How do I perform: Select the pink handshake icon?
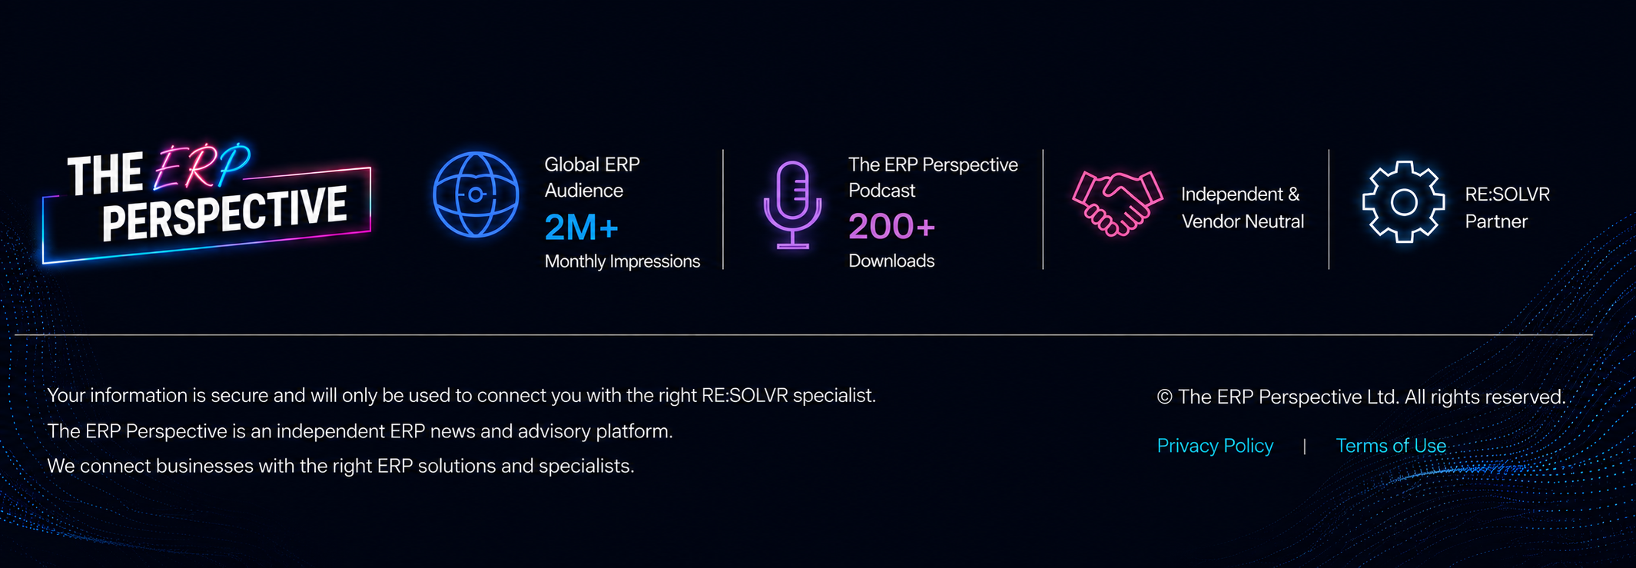pos(1117,203)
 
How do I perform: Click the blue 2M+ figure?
pos(582,228)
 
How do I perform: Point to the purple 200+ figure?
pos(891,227)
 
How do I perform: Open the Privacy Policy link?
pos(1215,446)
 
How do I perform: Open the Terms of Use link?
pos(1391,446)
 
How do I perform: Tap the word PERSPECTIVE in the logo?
pos(224,213)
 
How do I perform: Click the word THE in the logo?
pos(105,174)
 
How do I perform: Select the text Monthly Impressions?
pos(622,261)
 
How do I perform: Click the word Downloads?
pos(891,261)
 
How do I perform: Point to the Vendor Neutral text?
pos(1243,221)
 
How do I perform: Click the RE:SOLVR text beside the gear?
pos(1507,194)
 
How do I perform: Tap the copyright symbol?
pos(1164,397)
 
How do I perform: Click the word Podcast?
pos(881,191)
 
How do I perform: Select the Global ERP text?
pos(592,164)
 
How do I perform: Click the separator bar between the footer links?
pos(1304,447)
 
